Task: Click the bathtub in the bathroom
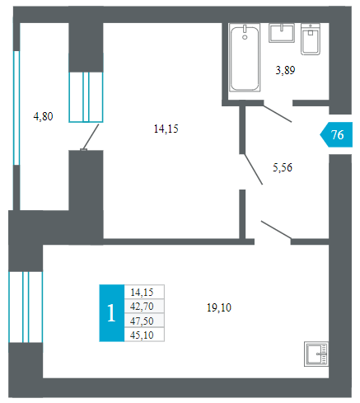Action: point(245,57)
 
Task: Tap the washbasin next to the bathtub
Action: point(282,33)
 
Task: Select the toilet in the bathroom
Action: point(311,39)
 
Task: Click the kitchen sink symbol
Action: point(316,354)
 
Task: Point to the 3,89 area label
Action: point(285,71)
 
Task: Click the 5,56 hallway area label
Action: point(283,167)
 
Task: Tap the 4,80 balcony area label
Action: point(43,116)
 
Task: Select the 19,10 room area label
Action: point(219,307)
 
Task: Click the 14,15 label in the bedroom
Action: point(166,129)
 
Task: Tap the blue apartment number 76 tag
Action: point(337,134)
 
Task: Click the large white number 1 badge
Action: point(111,313)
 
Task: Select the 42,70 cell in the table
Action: point(144,306)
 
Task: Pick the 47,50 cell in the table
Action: point(144,321)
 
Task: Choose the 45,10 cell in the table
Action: point(144,335)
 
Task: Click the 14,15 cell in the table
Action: point(144,292)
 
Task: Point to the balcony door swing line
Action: point(91,137)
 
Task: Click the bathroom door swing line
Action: point(278,114)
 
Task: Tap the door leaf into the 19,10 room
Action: point(276,230)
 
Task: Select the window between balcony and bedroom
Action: point(86,97)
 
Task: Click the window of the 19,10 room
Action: point(26,307)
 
